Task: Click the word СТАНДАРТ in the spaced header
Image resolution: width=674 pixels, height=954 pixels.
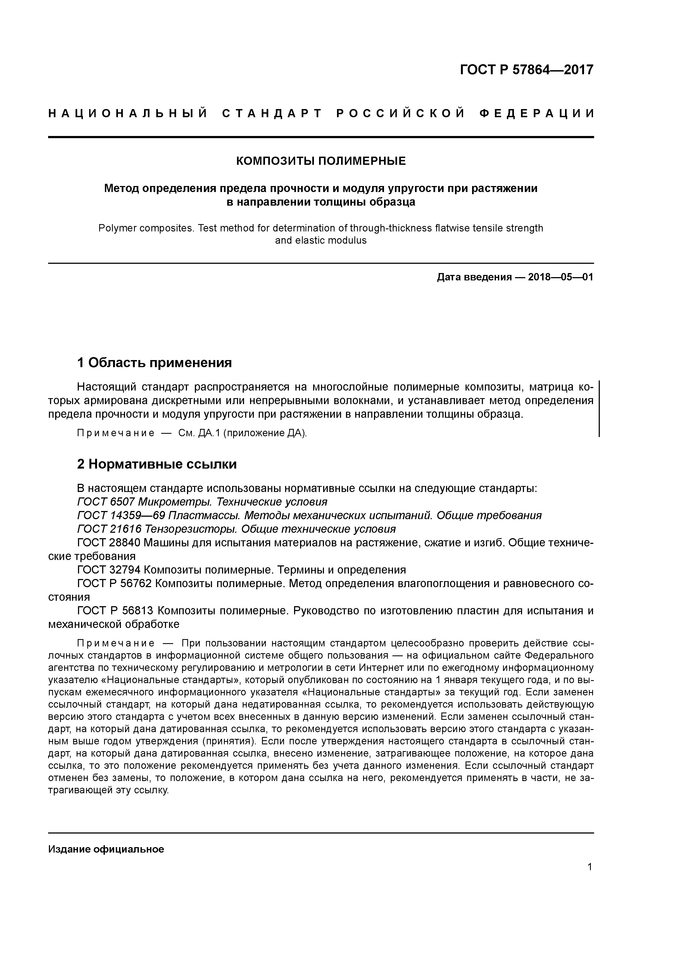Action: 272,113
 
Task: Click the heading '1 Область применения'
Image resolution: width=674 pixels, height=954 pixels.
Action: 154,363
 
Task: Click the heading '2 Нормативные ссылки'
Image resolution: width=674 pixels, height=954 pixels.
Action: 157,464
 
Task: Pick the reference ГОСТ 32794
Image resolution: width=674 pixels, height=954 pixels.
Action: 109,570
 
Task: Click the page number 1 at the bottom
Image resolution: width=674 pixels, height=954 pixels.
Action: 590,867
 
